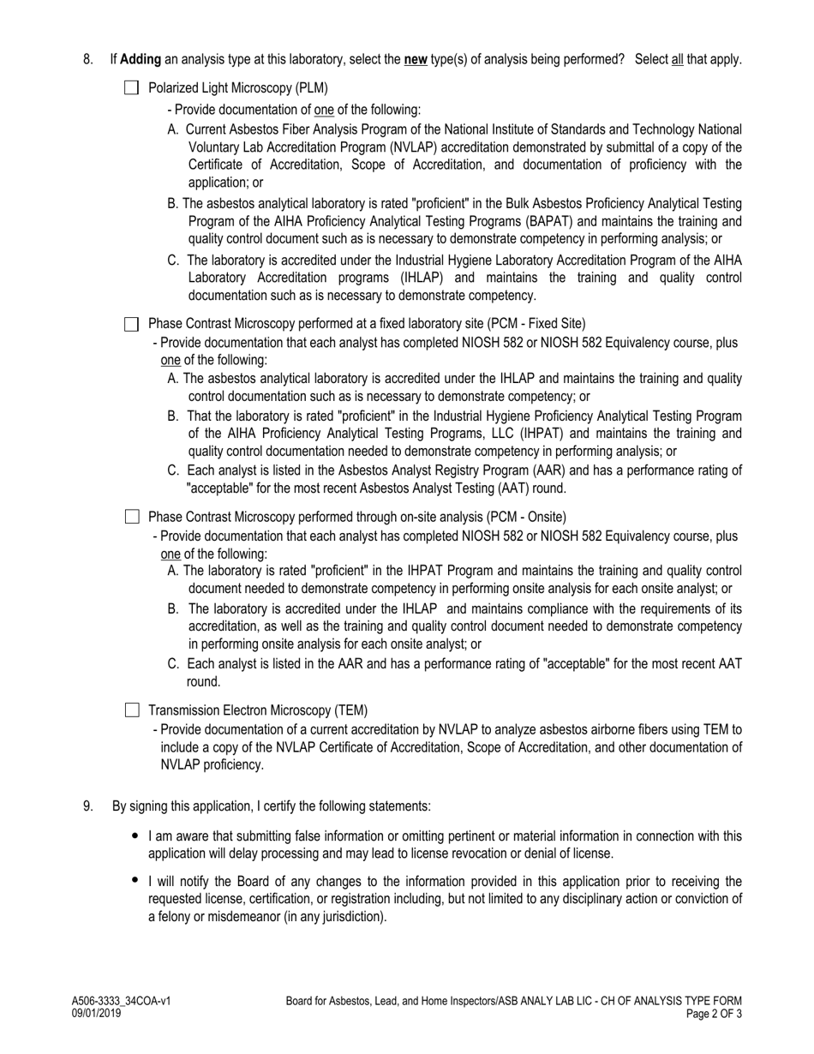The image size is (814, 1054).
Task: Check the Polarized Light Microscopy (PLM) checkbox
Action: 131,87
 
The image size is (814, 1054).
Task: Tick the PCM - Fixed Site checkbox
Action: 131,324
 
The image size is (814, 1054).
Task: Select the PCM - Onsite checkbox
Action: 131,517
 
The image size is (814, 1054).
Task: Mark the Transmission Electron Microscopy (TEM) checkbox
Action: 131,710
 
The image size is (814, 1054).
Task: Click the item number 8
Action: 87,60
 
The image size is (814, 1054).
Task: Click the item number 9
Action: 87,806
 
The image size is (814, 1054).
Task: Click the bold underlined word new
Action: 416,60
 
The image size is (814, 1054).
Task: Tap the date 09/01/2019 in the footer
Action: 96,1013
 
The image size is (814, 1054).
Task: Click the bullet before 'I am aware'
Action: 135,835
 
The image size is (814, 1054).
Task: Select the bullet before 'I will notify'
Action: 135,880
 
